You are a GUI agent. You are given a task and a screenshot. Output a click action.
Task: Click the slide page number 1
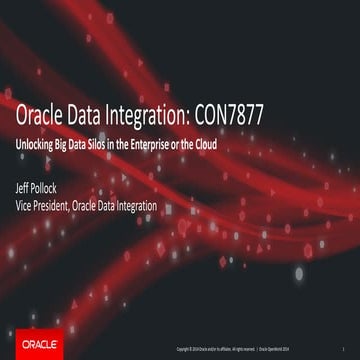point(343,348)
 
